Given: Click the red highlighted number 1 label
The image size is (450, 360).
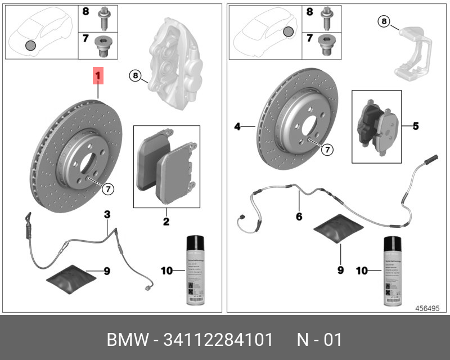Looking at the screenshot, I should pyautogui.click(x=98, y=75).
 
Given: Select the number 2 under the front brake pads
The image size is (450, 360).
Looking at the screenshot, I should pyautogui.click(x=166, y=222).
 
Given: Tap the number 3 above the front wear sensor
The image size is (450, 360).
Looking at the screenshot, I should pyautogui.click(x=107, y=214).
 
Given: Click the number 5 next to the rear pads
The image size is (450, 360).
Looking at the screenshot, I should pyautogui.click(x=416, y=126).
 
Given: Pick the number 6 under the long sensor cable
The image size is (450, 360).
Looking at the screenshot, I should pyautogui.click(x=299, y=216).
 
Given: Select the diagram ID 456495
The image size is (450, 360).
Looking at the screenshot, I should pyautogui.click(x=427, y=308).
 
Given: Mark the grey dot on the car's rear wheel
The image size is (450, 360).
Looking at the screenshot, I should pyautogui.click(x=288, y=32).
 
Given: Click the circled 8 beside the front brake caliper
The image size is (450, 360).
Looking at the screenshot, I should pyautogui.click(x=134, y=75).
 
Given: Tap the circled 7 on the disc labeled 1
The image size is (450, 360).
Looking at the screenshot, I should pyautogui.click(x=107, y=190).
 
